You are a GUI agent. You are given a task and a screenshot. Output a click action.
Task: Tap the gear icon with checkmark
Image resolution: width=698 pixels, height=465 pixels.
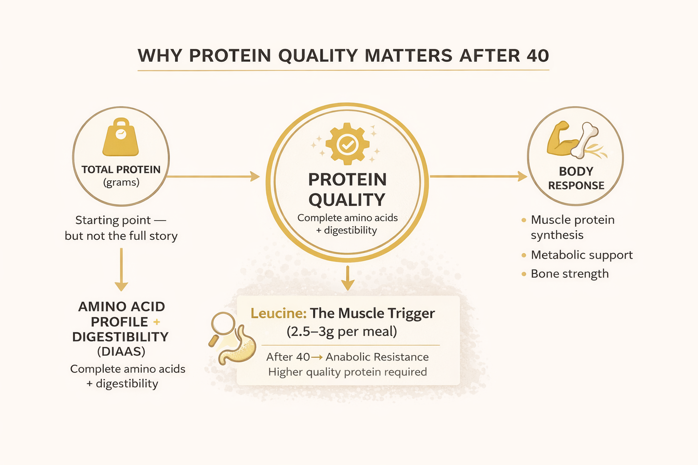pos(348,144)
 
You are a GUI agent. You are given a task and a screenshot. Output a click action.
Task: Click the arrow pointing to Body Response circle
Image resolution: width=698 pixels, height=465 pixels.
pos(477,176)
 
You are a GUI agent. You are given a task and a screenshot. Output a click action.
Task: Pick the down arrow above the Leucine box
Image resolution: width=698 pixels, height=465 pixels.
pos(348,278)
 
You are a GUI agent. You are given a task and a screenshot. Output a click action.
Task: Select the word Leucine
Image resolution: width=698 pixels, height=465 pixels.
pos(278,313)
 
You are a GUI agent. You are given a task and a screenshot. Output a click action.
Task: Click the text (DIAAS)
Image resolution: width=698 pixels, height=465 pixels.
pos(121,351)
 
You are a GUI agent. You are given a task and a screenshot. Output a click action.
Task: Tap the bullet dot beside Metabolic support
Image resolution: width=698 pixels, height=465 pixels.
pos(524,255)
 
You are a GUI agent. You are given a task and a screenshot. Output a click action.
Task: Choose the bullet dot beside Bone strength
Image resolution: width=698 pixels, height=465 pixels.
pos(524,274)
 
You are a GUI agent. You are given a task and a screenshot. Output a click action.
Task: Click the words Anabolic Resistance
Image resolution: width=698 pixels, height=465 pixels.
pos(377,357)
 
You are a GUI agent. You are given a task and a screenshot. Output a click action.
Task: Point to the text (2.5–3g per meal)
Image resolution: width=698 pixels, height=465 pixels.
pos(342,331)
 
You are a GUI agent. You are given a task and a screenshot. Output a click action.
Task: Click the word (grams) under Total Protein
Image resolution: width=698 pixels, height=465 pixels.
pos(121,183)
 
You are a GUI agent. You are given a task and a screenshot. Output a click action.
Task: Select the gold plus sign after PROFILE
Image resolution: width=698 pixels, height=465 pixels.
pos(157,322)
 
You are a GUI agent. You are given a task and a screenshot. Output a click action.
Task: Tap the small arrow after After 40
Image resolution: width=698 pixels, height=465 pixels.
pos(317,357)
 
